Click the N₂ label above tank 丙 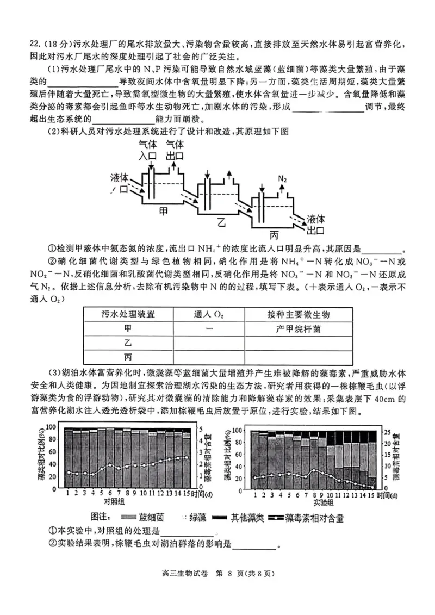283,179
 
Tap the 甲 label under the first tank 163,209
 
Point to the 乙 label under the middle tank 221,221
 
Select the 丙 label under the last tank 274,235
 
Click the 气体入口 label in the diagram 147,150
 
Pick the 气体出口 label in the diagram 175,150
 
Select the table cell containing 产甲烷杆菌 299,328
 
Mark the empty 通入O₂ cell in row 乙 209,343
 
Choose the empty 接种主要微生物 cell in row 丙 299,357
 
